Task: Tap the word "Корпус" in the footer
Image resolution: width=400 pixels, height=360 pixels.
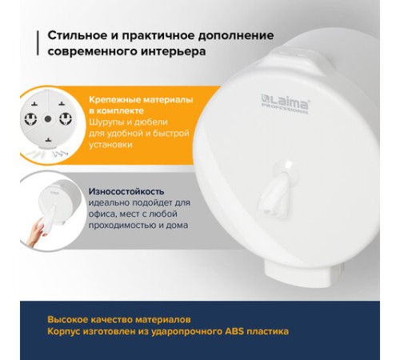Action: point(66,330)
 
